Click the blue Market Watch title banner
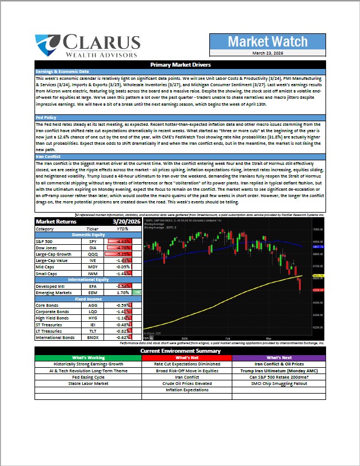pyautogui.click(x=265, y=41)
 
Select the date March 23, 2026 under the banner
pyautogui.click(x=265, y=53)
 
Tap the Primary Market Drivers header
pyautogui.click(x=179, y=65)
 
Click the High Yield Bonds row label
pyautogui.click(x=52, y=318)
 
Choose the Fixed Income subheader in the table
pyautogui.click(x=88, y=298)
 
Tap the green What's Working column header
pyautogui.click(x=88, y=357)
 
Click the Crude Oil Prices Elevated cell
pyautogui.click(x=179, y=383)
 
